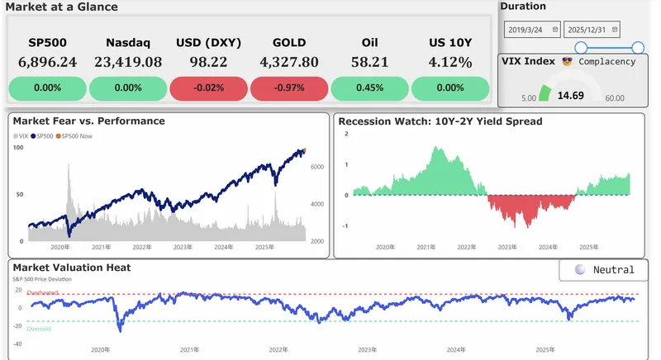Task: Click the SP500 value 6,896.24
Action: pos(47,62)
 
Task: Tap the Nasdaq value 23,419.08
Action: pos(128,62)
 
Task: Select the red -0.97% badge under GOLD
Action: pos(288,88)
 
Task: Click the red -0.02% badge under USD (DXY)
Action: pos(208,88)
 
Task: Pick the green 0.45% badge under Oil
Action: pos(369,88)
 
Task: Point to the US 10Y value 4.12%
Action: pos(450,62)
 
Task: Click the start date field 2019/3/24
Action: pos(531,29)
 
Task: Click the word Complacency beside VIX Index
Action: pos(607,61)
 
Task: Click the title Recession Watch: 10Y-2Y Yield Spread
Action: pos(440,121)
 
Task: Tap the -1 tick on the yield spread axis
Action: pos(346,225)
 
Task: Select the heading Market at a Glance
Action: pos(61,7)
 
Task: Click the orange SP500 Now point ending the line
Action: pos(303,150)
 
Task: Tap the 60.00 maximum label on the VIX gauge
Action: pos(615,97)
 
